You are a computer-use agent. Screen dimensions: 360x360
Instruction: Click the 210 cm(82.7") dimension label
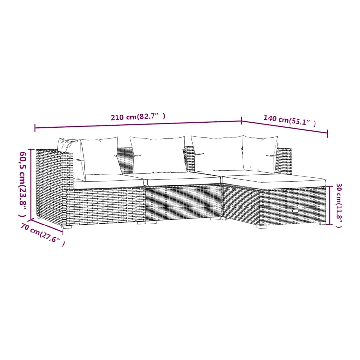138,117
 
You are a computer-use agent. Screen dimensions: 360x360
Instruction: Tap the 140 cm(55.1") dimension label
290,121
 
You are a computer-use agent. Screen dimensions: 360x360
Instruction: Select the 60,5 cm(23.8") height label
23,184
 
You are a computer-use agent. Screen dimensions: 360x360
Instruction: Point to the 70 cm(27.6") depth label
43,235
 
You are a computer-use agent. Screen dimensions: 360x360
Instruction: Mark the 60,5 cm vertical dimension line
31,184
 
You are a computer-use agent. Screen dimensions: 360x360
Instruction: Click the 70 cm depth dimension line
47,226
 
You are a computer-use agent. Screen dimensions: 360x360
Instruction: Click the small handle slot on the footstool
296,211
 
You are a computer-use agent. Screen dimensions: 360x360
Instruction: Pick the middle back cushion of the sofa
158,155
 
